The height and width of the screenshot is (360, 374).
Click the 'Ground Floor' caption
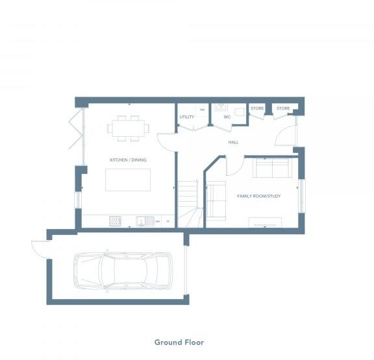pyautogui.click(x=179, y=342)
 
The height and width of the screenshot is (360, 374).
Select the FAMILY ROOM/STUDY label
pyautogui.click(x=258, y=195)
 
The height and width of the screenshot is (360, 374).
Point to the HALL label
pyautogui.click(x=233, y=141)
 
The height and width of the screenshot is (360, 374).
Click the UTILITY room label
pyautogui.click(x=187, y=117)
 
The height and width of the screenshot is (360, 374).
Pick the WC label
pyautogui.click(x=227, y=117)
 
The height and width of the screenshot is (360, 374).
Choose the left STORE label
pyautogui.click(x=257, y=108)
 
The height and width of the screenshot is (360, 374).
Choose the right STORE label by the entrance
pyautogui.click(x=283, y=108)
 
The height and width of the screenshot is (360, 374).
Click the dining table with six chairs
pyautogui.click(x=128, y=128)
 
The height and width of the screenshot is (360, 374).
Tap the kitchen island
pyautogui.click(x=128, y=180)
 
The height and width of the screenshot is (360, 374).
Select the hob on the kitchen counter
pyautogui.click(x=116, y=221)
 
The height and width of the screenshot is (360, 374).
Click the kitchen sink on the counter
pyautogui.click(x=148, y=221)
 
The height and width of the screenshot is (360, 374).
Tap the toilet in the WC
pyautogui.click(x=240, y=112)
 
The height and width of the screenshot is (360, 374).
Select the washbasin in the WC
pyautogui.click(x=219, y=107)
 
